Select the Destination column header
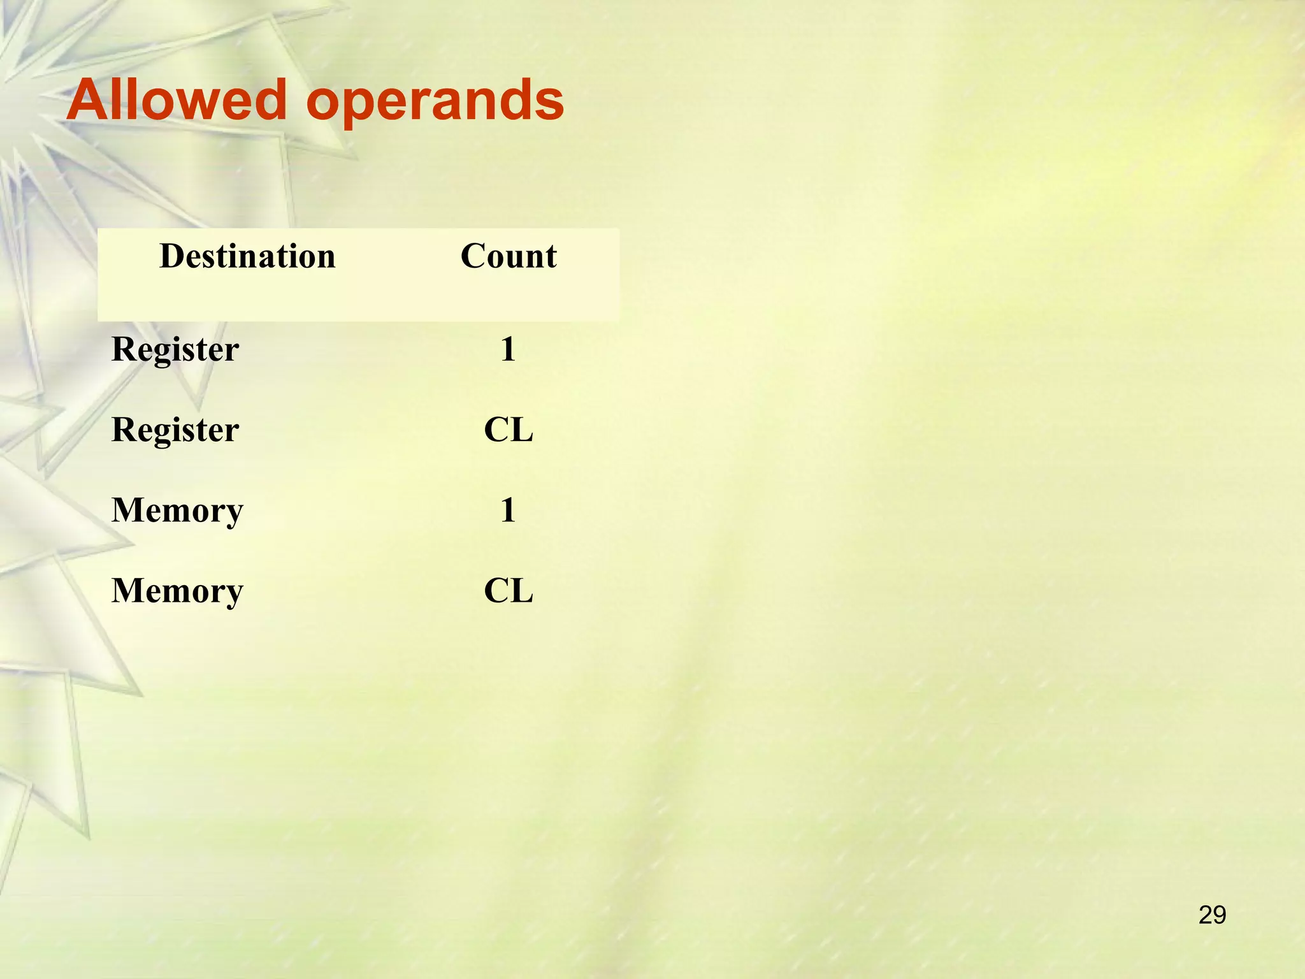247,256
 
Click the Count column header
508,256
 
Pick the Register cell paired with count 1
175,350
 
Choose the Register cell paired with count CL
175,430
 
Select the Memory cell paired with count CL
177,591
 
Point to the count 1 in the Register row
508,350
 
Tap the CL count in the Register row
508,430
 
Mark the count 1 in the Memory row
508,511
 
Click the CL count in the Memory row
508,591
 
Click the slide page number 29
1212,915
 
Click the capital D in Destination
172,256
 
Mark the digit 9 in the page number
1220,915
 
